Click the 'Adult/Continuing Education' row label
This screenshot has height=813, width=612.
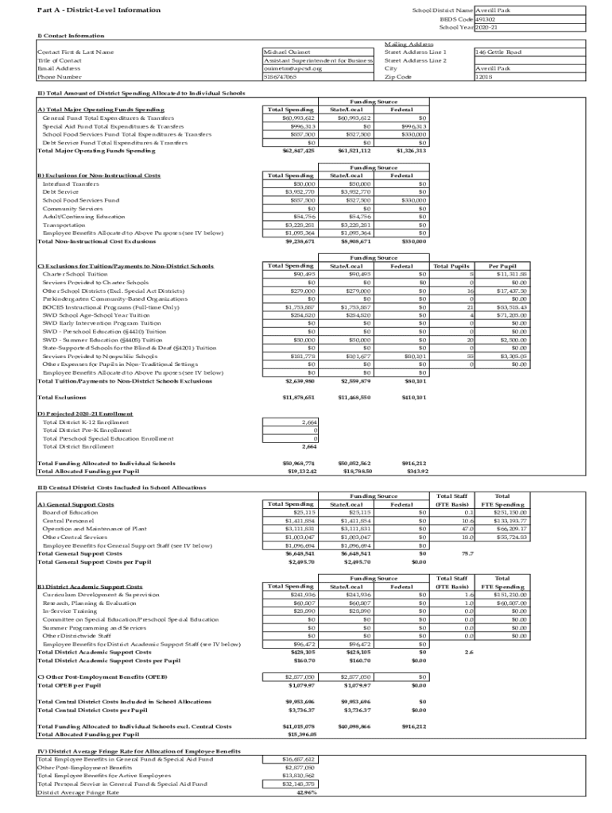click(x=83, y=217)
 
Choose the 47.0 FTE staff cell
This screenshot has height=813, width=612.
click(x=467, y=529)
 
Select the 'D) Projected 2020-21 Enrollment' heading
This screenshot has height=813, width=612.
click(x=85, y=414)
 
